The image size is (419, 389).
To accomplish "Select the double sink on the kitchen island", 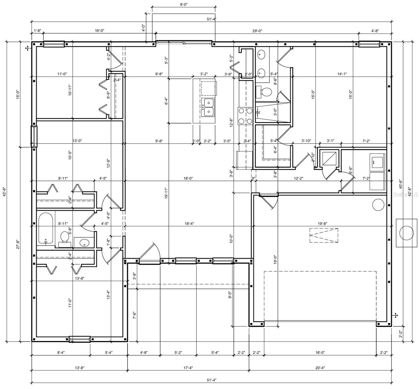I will point(208,108).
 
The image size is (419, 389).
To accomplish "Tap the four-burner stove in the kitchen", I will point(245,116).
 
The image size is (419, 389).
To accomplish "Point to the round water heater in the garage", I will point(378,205).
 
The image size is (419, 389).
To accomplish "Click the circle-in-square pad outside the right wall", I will point(406,233).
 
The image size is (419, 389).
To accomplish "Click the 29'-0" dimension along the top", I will point(257,31).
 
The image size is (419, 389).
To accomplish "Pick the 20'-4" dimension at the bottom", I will point(320,368).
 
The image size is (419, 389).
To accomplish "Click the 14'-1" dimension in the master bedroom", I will point(342,74).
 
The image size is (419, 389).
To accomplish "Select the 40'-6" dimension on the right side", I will point(401,184).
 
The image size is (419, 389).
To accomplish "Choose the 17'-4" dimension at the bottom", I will point(188,368).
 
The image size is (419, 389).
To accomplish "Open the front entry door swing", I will point(150,253).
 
